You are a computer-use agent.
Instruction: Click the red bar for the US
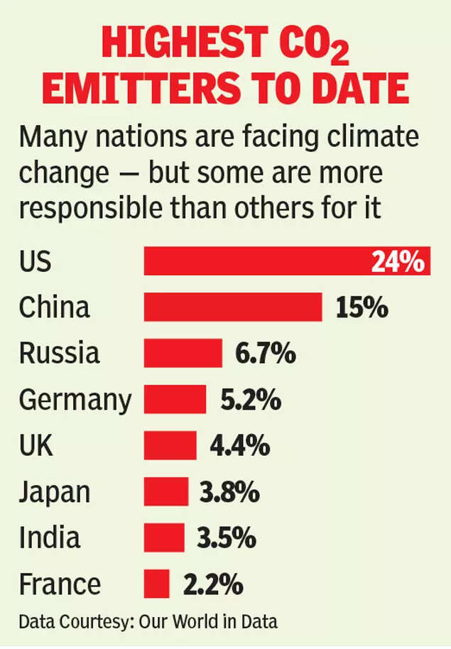pos(256,261)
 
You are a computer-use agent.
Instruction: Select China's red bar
pos(233,307)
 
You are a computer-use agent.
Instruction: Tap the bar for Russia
pos(183,353)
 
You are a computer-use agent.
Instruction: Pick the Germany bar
pos(175,399)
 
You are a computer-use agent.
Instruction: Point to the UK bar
pos(170,445)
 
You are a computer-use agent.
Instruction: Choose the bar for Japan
pos(166,491)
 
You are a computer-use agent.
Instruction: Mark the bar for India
pos(164,538)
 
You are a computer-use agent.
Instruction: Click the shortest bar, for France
pos(157,584)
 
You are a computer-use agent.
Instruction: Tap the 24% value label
pos(398,262)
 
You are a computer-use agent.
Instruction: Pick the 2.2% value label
pos(212,584)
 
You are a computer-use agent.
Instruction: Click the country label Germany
pos(75,400)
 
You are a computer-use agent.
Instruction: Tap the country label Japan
pos(55,492)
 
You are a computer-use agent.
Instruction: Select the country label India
pos(49,538)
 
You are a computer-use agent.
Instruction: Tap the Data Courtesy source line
pos(148,622)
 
